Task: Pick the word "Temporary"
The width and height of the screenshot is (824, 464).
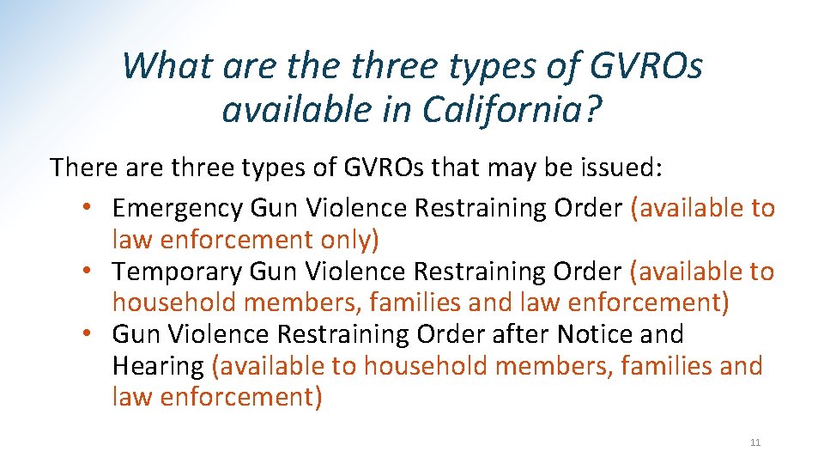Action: (x=178, y=272)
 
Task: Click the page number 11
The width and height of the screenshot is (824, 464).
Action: (x=755, y=443)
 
